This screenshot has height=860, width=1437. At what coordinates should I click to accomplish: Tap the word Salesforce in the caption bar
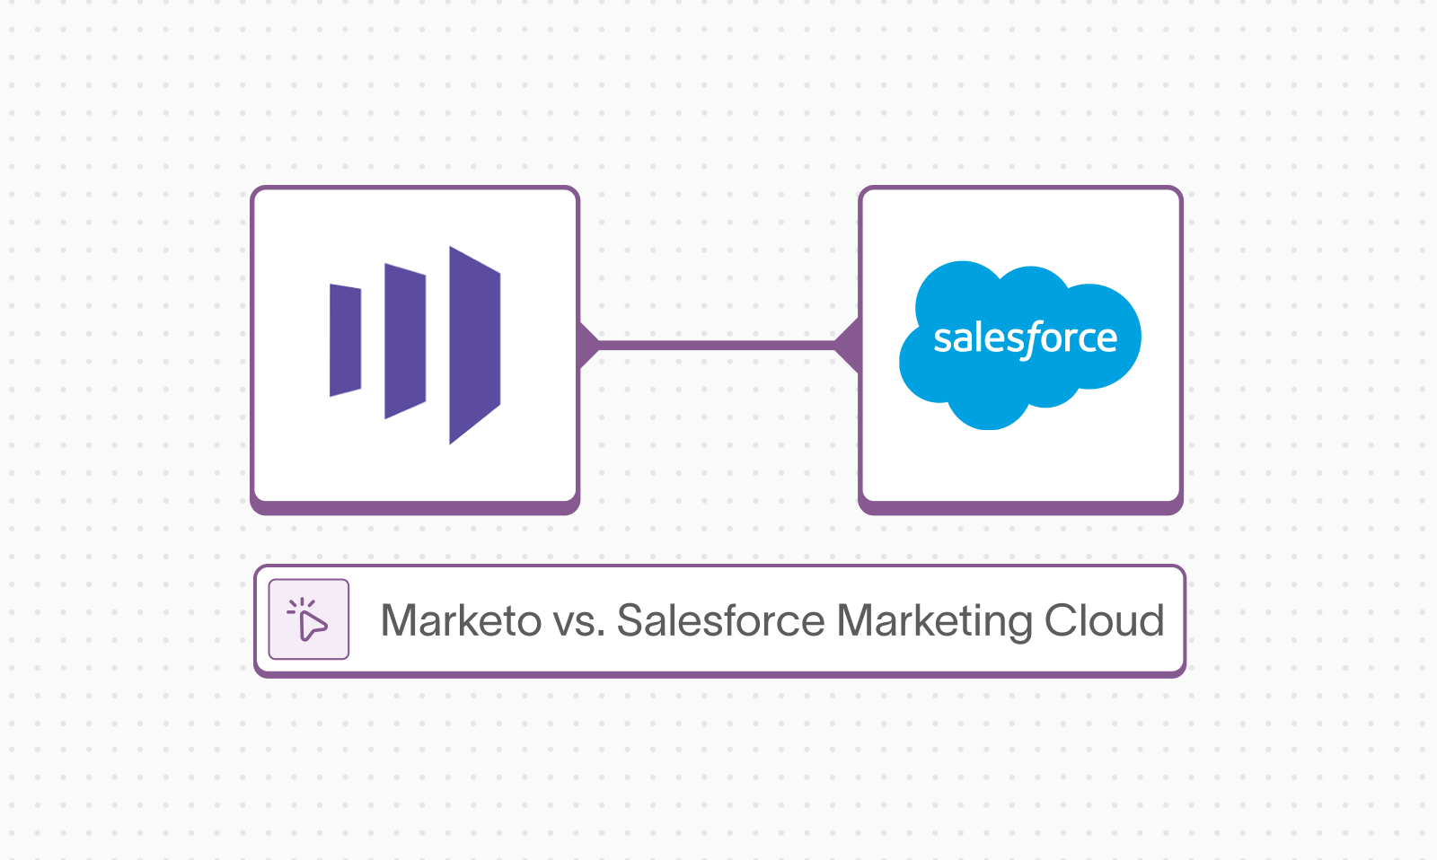coord(721,621)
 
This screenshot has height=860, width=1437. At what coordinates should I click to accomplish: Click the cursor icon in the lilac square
coord(309,619)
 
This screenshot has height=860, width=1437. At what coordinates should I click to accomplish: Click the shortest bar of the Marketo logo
coord(346,340)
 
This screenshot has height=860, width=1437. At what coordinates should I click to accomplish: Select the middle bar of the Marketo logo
coord(405,340)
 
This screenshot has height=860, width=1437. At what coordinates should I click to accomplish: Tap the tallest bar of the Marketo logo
coord(474,345)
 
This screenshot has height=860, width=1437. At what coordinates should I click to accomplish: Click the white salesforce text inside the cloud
coord(1025,339)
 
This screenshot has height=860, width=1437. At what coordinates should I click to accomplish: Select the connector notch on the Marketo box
coord(588,345)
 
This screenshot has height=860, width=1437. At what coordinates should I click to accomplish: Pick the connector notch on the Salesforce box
coord(848,345)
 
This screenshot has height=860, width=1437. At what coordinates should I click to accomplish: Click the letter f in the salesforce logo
coord(1033,339)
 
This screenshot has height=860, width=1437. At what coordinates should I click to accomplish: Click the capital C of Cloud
coord(1061,621)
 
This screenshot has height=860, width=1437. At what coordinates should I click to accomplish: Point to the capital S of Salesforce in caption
coord(631,621)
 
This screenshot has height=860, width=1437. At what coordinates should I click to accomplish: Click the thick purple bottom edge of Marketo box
coord(415,508)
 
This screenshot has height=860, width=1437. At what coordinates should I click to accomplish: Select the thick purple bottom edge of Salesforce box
coord(1020,508)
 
